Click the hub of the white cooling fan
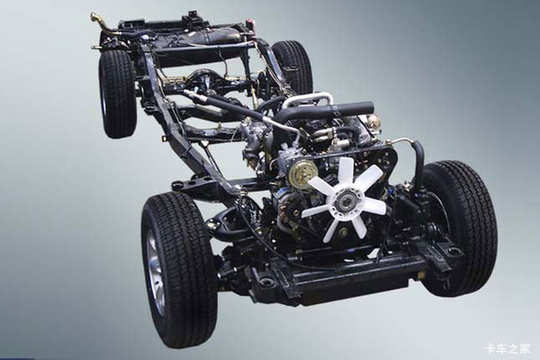coord(345,200)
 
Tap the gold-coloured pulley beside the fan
coord(301,174)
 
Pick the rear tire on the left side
coord(117,94)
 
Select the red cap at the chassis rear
coord(250,23)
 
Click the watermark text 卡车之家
coord(508,348)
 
